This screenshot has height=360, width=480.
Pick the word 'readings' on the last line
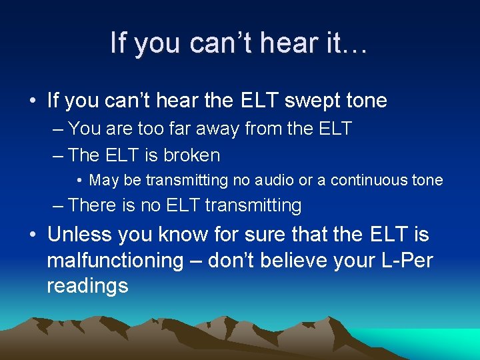(x=87, y=286)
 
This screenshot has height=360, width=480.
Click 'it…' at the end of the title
(x=347, y=43)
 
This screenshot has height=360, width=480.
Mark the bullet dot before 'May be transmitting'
(x=79, y=181)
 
